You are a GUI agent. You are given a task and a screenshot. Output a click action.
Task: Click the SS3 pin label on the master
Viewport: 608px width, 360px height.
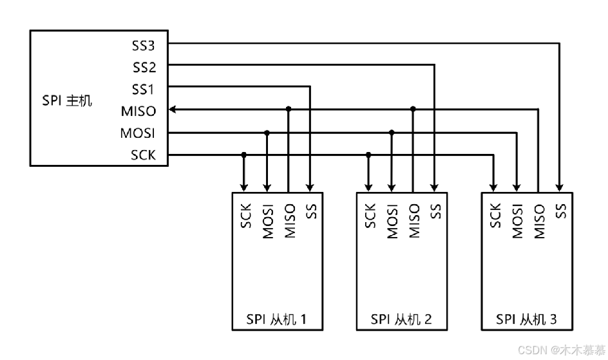[144, 46]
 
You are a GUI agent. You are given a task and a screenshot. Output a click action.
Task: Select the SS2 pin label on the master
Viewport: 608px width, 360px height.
[144, 67]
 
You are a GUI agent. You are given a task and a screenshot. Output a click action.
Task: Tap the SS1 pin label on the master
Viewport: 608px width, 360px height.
[144, 89]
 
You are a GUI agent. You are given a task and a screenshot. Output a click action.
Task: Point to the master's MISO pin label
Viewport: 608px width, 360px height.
[138, 111]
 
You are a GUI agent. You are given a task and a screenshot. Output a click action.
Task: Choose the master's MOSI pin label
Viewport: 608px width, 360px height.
[138, 133]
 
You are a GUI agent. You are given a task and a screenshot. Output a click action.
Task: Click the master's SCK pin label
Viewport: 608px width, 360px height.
[143, 155]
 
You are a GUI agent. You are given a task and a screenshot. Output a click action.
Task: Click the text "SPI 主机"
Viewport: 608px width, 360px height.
[68, 100]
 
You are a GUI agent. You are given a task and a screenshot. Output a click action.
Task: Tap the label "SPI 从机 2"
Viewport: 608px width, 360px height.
[401, 319]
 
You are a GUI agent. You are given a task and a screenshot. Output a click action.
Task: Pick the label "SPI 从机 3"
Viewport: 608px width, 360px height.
[526, 319]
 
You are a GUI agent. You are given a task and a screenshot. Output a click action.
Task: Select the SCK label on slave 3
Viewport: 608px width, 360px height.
[495, 216]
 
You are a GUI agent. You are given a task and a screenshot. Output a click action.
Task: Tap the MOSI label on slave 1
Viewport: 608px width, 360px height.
[268, 221]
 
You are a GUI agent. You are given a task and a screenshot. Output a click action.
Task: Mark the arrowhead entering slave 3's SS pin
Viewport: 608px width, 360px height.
[560, 187]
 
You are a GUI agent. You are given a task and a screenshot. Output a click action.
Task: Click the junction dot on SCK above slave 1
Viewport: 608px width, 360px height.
[243, 155]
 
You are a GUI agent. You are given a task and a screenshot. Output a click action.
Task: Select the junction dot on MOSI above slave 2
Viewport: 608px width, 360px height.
[392, 132]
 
